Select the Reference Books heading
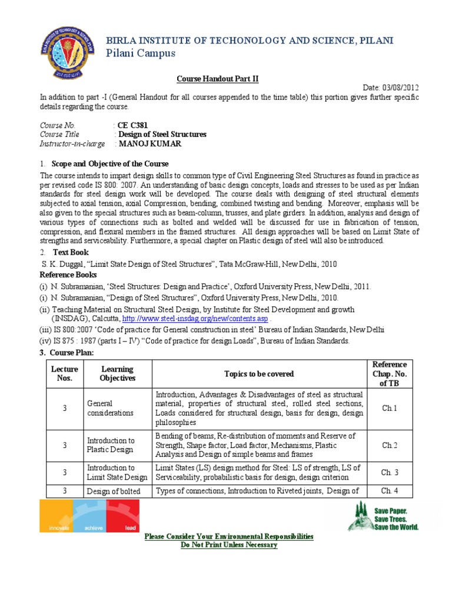coord(68,275)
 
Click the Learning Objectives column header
coord(118,373)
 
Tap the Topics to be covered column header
coord(259,373)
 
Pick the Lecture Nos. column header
coord(65,373)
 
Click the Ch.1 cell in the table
coord(390,408)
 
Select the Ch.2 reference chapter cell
coord(390,445)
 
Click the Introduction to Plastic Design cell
coord(111,445)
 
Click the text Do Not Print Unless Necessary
coord(228,545)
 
